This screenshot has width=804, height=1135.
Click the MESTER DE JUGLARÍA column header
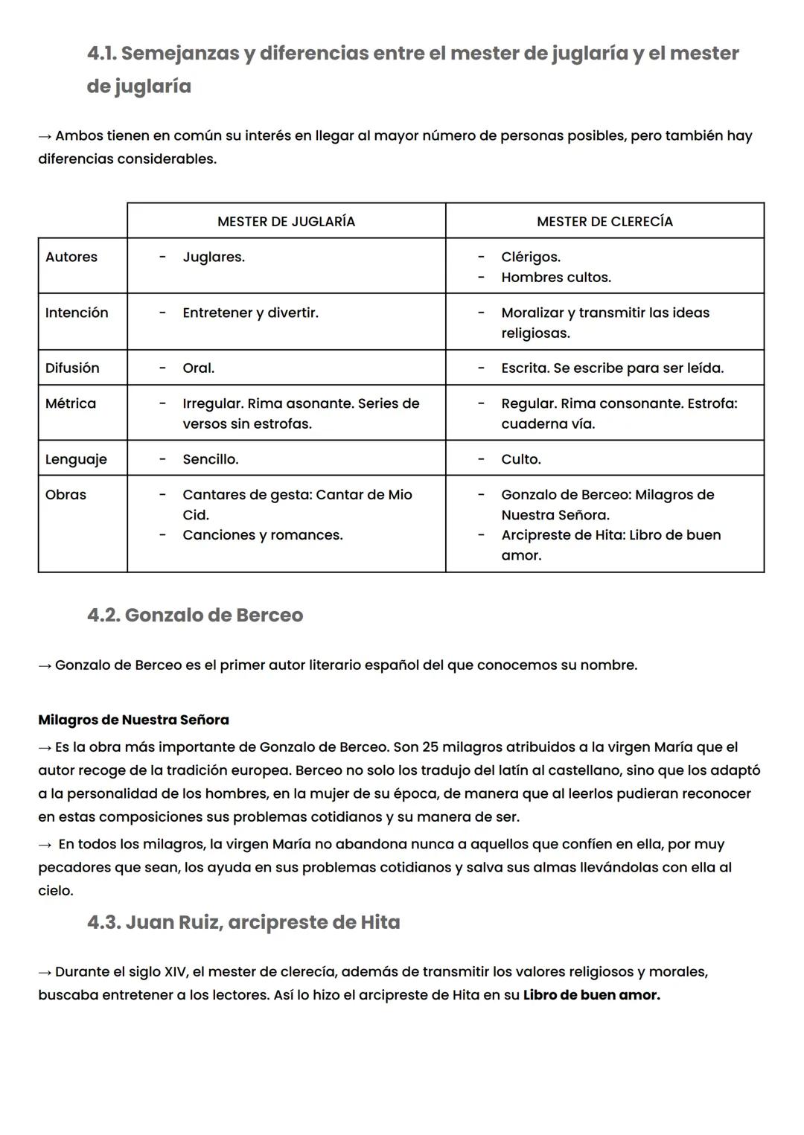point(286,221)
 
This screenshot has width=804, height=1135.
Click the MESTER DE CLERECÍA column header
point(604,221)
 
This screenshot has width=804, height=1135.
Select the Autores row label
point(71,257)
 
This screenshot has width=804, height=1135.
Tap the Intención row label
point(77,313)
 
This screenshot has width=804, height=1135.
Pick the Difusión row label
point(72,368)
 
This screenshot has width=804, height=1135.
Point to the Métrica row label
point(71,403)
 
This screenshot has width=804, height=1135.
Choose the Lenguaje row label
point(76,459)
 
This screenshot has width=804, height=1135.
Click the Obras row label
point(66,494)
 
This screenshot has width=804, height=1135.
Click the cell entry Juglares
point(214,257)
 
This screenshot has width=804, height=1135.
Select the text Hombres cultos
point(556,277)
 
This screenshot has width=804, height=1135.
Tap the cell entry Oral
point(198,368)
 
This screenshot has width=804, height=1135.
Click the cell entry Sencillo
point(211,459)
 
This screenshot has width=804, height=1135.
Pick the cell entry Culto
point(521,459)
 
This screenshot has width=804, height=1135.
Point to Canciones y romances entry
point(263,534)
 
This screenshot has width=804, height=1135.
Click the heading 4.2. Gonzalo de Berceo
point(195,615)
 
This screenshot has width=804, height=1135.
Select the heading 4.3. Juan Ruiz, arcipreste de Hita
point(243,922)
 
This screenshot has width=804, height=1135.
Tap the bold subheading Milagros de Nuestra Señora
point(133,720)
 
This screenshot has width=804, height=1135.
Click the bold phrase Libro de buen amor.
point(591,994)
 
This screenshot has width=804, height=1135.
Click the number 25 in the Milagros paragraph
point(431,746)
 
